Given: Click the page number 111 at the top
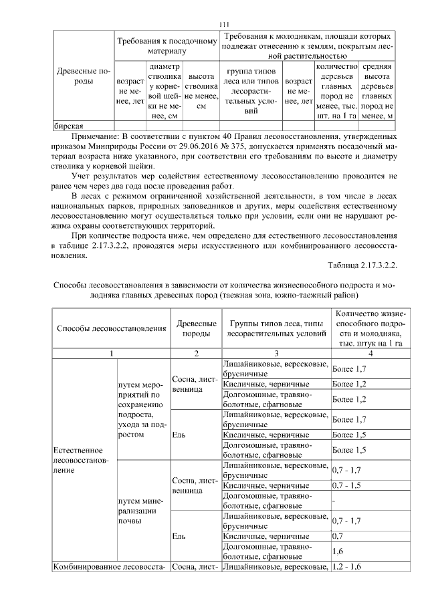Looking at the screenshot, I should (x=224, y=25).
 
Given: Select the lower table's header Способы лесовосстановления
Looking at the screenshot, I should (x=111, y=328).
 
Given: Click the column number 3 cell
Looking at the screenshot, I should (x=276, y=352).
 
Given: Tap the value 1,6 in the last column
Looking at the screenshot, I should (x=339, y=552).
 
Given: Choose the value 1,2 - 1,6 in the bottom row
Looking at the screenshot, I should (x=347, y=567).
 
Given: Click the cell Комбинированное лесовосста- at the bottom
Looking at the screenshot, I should (x=111, y=568).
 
